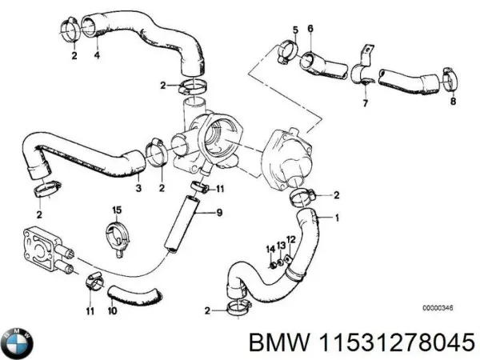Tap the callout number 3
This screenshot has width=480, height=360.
tap(138, 188)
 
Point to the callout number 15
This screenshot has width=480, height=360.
tap(116, 210)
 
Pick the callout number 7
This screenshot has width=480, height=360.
tap(365, 103)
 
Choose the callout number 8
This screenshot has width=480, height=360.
tap(452, 102)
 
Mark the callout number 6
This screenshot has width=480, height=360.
tap(310, 30)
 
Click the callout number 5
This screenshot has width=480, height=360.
tap(294, 30)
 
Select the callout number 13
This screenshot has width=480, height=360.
tap(282, 245)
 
